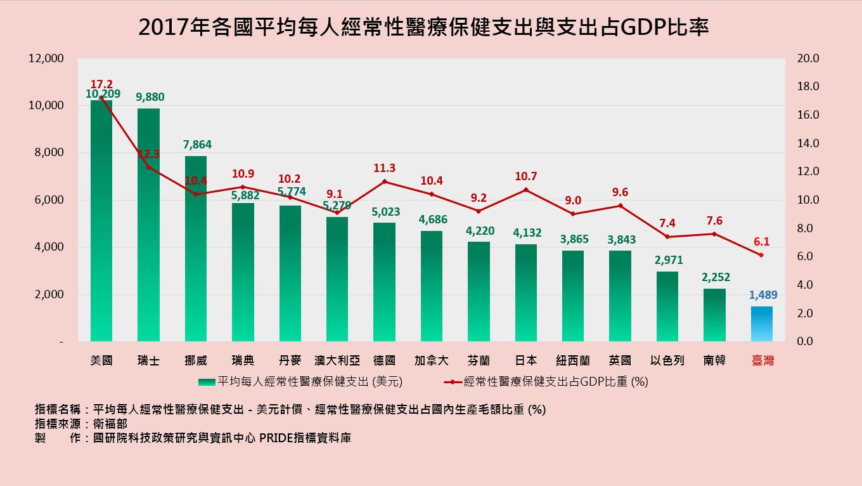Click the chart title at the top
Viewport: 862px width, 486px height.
point(423,27)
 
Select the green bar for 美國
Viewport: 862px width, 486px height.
point(101,222)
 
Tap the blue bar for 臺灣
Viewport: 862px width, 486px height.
point(761,324)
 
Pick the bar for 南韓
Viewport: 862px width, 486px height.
point(714,315)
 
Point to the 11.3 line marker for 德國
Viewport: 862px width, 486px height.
point(384,181)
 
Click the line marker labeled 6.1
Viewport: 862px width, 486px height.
point(761,255)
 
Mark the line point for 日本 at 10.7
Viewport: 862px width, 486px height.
point(525,190)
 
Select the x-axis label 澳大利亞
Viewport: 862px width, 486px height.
point(337,360)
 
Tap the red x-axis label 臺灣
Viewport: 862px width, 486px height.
point(762,360)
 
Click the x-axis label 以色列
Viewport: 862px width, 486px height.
point(667,360)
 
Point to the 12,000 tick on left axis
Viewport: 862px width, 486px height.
point(46,58)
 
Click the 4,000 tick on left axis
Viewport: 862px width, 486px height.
point(49,247)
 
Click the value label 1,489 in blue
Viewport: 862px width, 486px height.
point(762,295)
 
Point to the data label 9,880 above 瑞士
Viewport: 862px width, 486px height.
point(150,97)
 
